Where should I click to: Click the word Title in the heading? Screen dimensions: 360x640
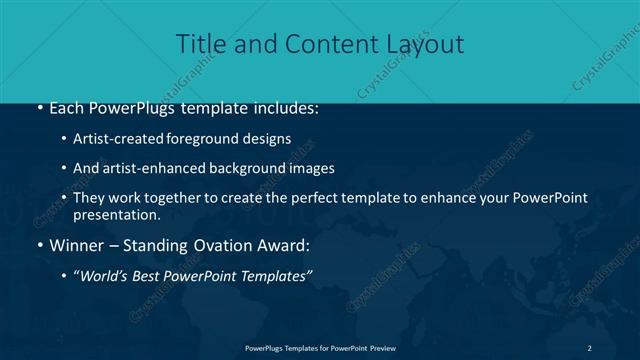198,44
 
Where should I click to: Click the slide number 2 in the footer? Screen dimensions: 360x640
589,348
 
